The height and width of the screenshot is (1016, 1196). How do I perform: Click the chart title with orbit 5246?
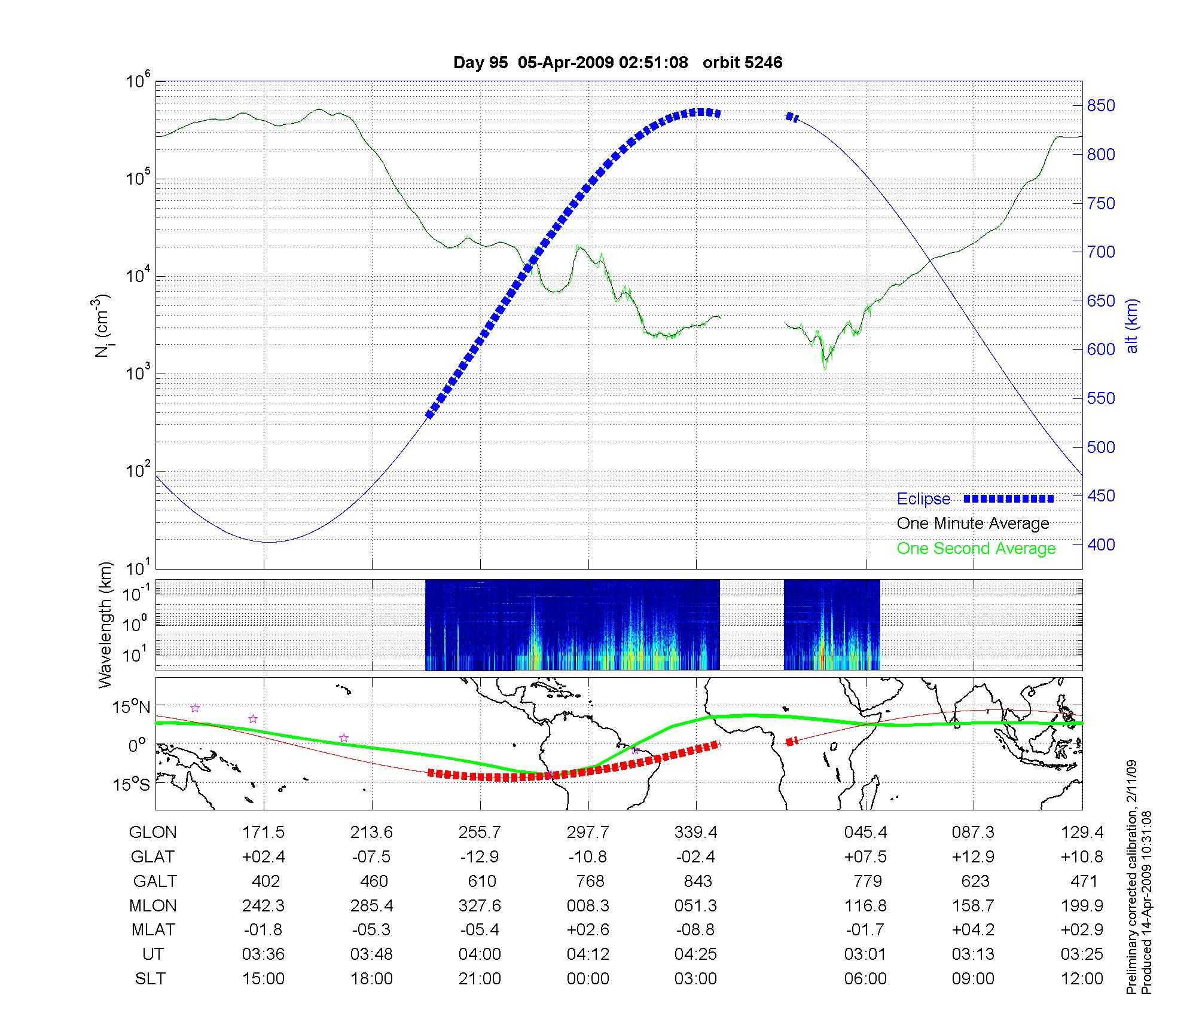click(x=618, y=63)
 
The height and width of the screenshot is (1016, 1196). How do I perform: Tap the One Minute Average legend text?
click(x=973, y=524)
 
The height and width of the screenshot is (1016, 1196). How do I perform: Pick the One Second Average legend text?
click(x=976, y=549)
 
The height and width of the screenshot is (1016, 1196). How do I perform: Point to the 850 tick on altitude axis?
click(x=1101, y=106)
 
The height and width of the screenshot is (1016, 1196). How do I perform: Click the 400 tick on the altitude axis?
click(x=1101, y=544)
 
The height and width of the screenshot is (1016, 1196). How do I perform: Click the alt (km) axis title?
click(x=1131, y=326)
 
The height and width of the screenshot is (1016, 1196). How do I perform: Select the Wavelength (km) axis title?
click(x=106, y=625)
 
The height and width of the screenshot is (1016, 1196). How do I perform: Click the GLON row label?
click(x=153, y=833)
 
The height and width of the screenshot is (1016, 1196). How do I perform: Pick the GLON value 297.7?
click(x=588, y=833)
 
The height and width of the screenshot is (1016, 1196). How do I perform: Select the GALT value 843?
click(x=697, y=882)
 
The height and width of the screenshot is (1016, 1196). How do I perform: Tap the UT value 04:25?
click(x=695, y=954)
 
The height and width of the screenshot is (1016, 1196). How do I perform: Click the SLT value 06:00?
click(x=865, y=979)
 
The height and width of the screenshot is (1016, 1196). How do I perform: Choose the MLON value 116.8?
click(x=865, y=906)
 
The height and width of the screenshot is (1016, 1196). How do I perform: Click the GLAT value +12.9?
click(x=973, y=857)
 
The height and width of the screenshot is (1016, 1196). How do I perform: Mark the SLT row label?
click(x=150, y=979)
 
